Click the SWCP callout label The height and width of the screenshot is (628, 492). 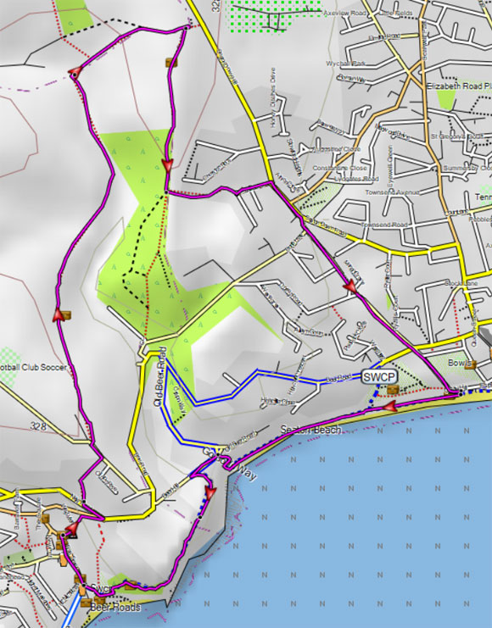point(380,375)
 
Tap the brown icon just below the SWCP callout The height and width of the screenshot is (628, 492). point(392,389)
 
